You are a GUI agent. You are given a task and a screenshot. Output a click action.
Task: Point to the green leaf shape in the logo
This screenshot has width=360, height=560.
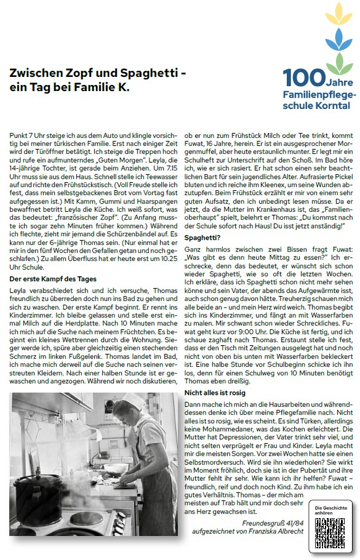tap(336, 63)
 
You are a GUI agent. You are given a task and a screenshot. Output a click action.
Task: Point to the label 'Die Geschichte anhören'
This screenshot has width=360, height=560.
tap(331, 511)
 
